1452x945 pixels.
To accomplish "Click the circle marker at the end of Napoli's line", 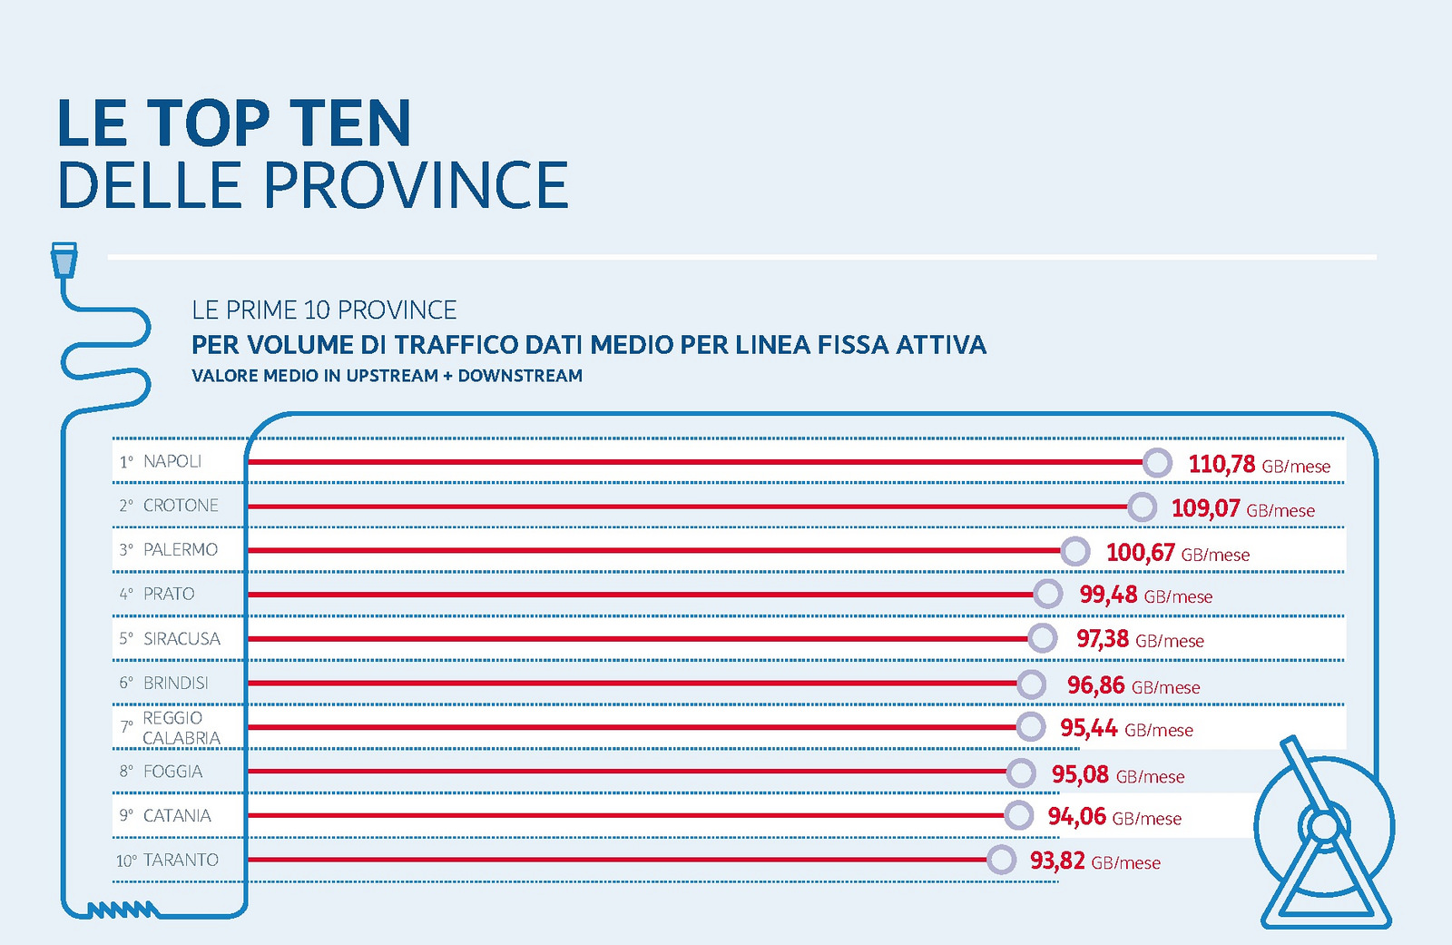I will pos(1157,463).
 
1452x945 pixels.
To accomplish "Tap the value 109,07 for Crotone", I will pos(1205,508).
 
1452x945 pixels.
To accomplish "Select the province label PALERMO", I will pos(181,550).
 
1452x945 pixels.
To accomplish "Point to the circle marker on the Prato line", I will pos(1047,595).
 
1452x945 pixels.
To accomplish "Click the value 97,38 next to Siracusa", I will pos(1103,639).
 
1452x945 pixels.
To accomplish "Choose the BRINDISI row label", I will pos(176,684).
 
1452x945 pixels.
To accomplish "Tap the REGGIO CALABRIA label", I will pos(181,728).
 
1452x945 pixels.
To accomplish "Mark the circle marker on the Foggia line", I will pos(1021,773).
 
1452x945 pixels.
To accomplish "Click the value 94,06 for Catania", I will pos(1076,817).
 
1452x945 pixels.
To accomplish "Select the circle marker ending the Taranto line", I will pos(1001,860).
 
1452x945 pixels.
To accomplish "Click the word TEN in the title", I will pos(350,123).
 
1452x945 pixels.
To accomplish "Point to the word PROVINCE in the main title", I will pos(416,186).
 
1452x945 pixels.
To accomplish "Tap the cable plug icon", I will pos(64,260).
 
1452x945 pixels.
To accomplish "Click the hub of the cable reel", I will pos(1324,826).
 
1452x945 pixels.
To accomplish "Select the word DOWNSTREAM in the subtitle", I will pos(520,376).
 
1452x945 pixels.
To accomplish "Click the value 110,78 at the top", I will pos(1221,465).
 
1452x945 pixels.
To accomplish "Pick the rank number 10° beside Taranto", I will pos(125,861).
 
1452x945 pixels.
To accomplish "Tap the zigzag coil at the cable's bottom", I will pos(123,909).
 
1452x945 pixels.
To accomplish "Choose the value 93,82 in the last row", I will pos(1057,861).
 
